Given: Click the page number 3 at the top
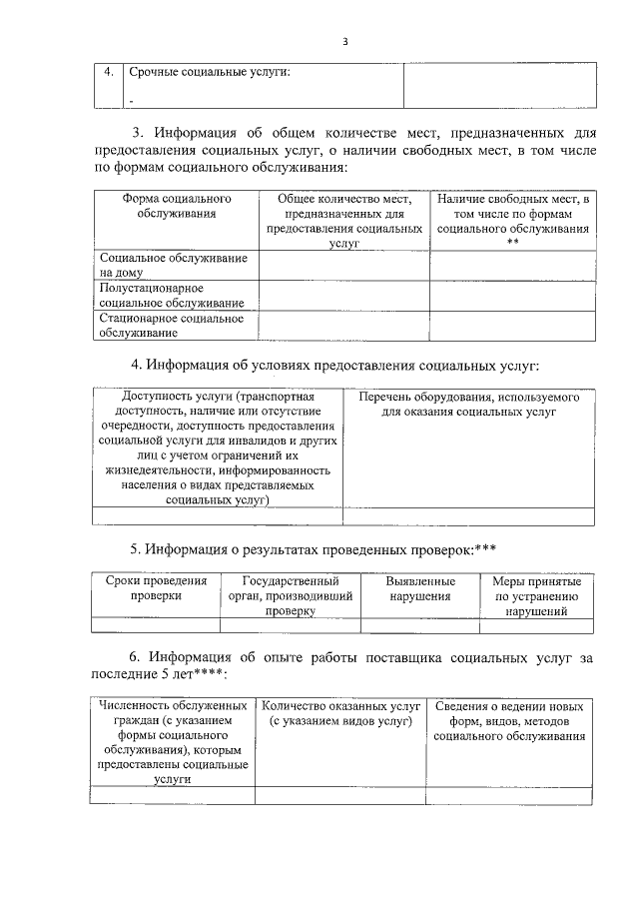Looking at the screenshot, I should pyautogui.click(x=344, y=41).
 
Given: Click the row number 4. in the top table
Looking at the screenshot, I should pyautogui.click(x=108, y=72).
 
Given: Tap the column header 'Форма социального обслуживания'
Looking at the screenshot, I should pyautogui.click(x=176, y=207).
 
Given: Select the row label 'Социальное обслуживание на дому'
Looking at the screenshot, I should pyautogui.click(x=173, y=265).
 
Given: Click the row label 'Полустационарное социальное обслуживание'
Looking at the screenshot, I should pyautogui.click(x=173, y=295).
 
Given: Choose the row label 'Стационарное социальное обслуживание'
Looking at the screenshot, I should pyautogui.click(x=173, y=325).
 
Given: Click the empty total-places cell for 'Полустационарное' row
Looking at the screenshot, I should pyautogui.click(x=343, y=295).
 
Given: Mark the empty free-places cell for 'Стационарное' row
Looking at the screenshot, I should pyautogui.click(x=512, y=325).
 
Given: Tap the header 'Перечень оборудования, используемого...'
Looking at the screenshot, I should pyautogui.click(x=468, y=404).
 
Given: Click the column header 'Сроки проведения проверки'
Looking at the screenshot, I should pyautogui.click(x=156, y=588).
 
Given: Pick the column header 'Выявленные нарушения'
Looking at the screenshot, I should pyautogui.click(x=420, y=588).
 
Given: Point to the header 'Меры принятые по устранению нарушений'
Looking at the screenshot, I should pyautogui.click(x=536, y=596).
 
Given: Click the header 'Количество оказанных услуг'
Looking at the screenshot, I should pyautogui.click(x=339, y=713).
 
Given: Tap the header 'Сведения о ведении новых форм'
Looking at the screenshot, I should pyautogui.click(x=510, y=721).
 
